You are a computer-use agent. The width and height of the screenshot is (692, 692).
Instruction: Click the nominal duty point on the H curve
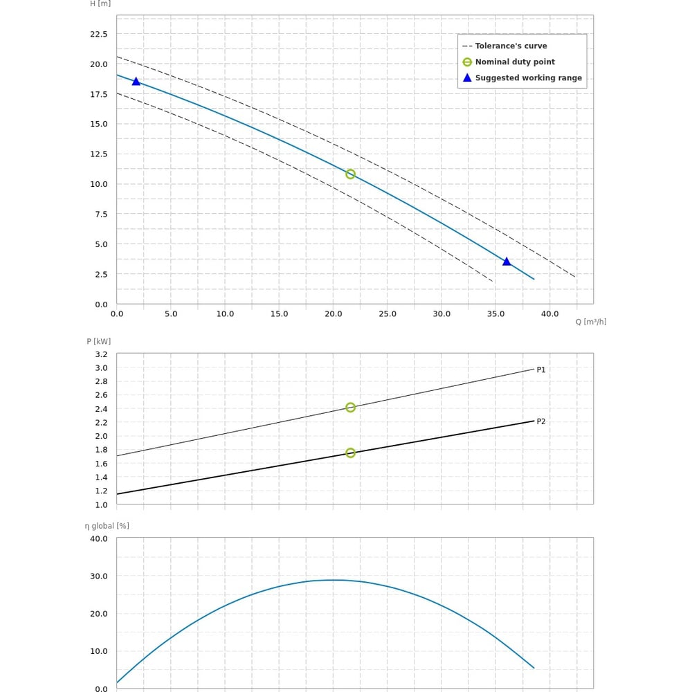point(350,174)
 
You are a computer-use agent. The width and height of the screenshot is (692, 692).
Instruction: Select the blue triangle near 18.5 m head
point(136,82)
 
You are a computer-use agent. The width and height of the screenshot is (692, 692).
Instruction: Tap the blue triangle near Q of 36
point(507,262)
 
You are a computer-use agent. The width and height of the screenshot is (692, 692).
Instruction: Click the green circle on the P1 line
point(350,408)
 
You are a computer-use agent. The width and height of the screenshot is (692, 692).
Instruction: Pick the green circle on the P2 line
point(350,453)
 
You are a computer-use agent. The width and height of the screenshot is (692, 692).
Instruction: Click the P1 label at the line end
point(541,370)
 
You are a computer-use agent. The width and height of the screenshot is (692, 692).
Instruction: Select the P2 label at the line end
point(541,421)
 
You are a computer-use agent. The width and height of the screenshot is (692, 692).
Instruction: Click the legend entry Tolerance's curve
point(511,46)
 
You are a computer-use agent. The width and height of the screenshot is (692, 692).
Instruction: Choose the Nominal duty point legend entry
point(515,62)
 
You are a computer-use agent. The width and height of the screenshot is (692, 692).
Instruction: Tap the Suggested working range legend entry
point(528,78)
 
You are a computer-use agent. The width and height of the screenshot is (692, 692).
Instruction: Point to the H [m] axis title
point(100,3)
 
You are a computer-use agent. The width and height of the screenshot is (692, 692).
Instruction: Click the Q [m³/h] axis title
point(590,322)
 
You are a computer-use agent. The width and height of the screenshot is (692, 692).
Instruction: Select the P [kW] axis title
point(98,341)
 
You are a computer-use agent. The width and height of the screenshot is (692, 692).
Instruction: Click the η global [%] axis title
point(107,526)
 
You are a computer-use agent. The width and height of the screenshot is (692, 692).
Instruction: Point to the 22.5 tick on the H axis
point(99,34)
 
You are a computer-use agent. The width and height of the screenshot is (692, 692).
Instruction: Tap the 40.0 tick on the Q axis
point(549,314)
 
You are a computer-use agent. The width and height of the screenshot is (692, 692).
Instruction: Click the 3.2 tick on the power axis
point(101,354)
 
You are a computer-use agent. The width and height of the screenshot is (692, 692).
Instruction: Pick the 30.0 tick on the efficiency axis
point(99,576)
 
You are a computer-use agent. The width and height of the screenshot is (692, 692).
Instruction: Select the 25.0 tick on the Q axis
point(388,314)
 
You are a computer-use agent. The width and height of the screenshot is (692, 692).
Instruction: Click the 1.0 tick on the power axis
point(101,504)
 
